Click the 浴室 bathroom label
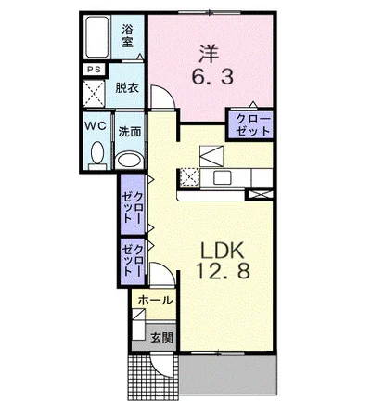point(127,36)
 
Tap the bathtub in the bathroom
point(97,37)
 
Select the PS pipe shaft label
point(94,70)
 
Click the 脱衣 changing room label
point(127,88)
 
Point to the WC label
point(96,126)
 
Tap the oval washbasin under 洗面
point(130,161)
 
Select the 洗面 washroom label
point(130,132)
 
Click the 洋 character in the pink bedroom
point(209,55)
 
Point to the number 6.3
point(212,77)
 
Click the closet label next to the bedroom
point(252,125)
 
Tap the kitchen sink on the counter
point(221,177)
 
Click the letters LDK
point(223,251)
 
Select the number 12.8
point(223,272)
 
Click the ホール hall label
point(155,300)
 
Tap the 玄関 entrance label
point(161,338)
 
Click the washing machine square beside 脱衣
point(95,93)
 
